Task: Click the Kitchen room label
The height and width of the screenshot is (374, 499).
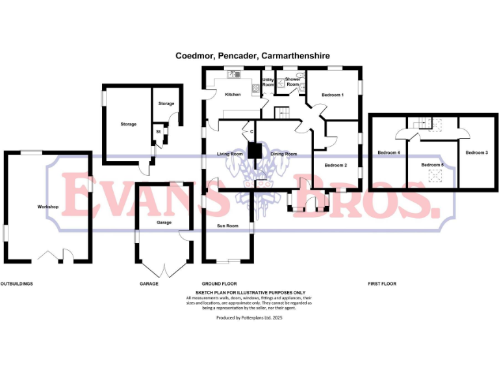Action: (233, 95)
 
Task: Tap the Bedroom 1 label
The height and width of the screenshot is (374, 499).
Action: (333, 95)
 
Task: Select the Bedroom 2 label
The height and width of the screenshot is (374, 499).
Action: (336, 165)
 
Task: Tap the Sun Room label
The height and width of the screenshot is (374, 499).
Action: (227, 226)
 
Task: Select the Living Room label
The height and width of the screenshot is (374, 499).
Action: (229, 154)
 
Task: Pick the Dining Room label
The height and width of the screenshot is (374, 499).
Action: (283, 154)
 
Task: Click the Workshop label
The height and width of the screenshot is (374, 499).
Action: (48, 206)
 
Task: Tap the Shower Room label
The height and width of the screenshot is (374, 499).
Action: (293, 82)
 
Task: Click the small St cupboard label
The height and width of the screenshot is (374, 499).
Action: (158, 132)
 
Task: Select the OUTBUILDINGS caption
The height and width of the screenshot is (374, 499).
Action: (17, 284)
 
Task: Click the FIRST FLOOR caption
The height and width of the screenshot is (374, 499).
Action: (381, 284)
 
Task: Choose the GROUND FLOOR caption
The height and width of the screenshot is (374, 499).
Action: (219, 284)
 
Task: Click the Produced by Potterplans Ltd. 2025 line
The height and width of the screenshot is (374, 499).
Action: (249, 318)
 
